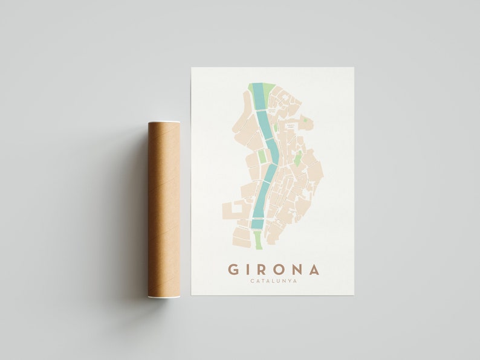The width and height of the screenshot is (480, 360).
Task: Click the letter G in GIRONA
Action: [233, 269]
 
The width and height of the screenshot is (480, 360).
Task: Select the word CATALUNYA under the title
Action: [273, 281]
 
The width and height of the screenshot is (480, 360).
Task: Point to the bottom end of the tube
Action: [164, 295]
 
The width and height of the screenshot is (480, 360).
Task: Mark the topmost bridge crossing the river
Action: [261, 111]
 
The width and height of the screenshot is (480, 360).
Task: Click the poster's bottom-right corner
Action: [353, 294]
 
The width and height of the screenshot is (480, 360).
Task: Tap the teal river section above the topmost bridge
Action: [258, 97]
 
